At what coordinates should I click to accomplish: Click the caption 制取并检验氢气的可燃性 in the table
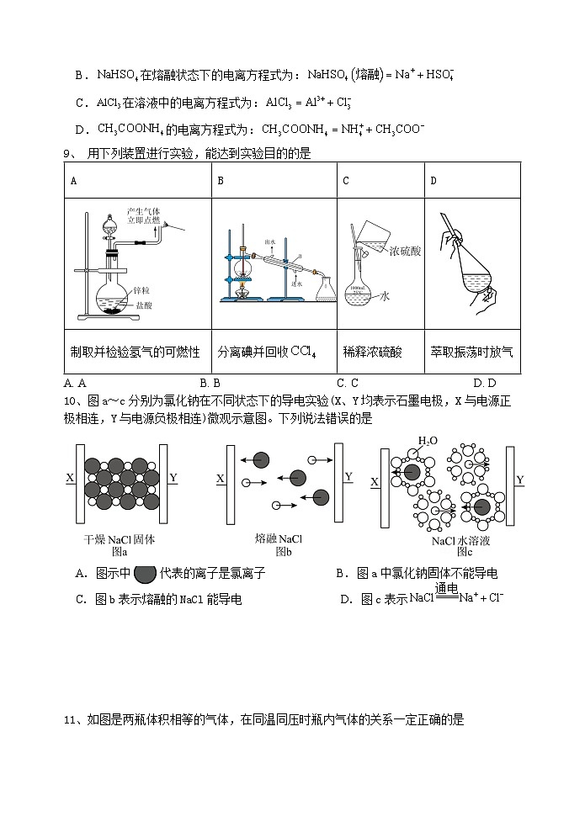point(136,352)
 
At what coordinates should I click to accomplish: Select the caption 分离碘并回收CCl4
point(266,352)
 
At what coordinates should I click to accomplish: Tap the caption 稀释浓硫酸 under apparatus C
point(373,352)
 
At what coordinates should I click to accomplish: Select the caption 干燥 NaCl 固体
point(120,539)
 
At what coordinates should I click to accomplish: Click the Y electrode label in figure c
point(520,480)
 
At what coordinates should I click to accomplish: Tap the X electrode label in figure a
point(70,478)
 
